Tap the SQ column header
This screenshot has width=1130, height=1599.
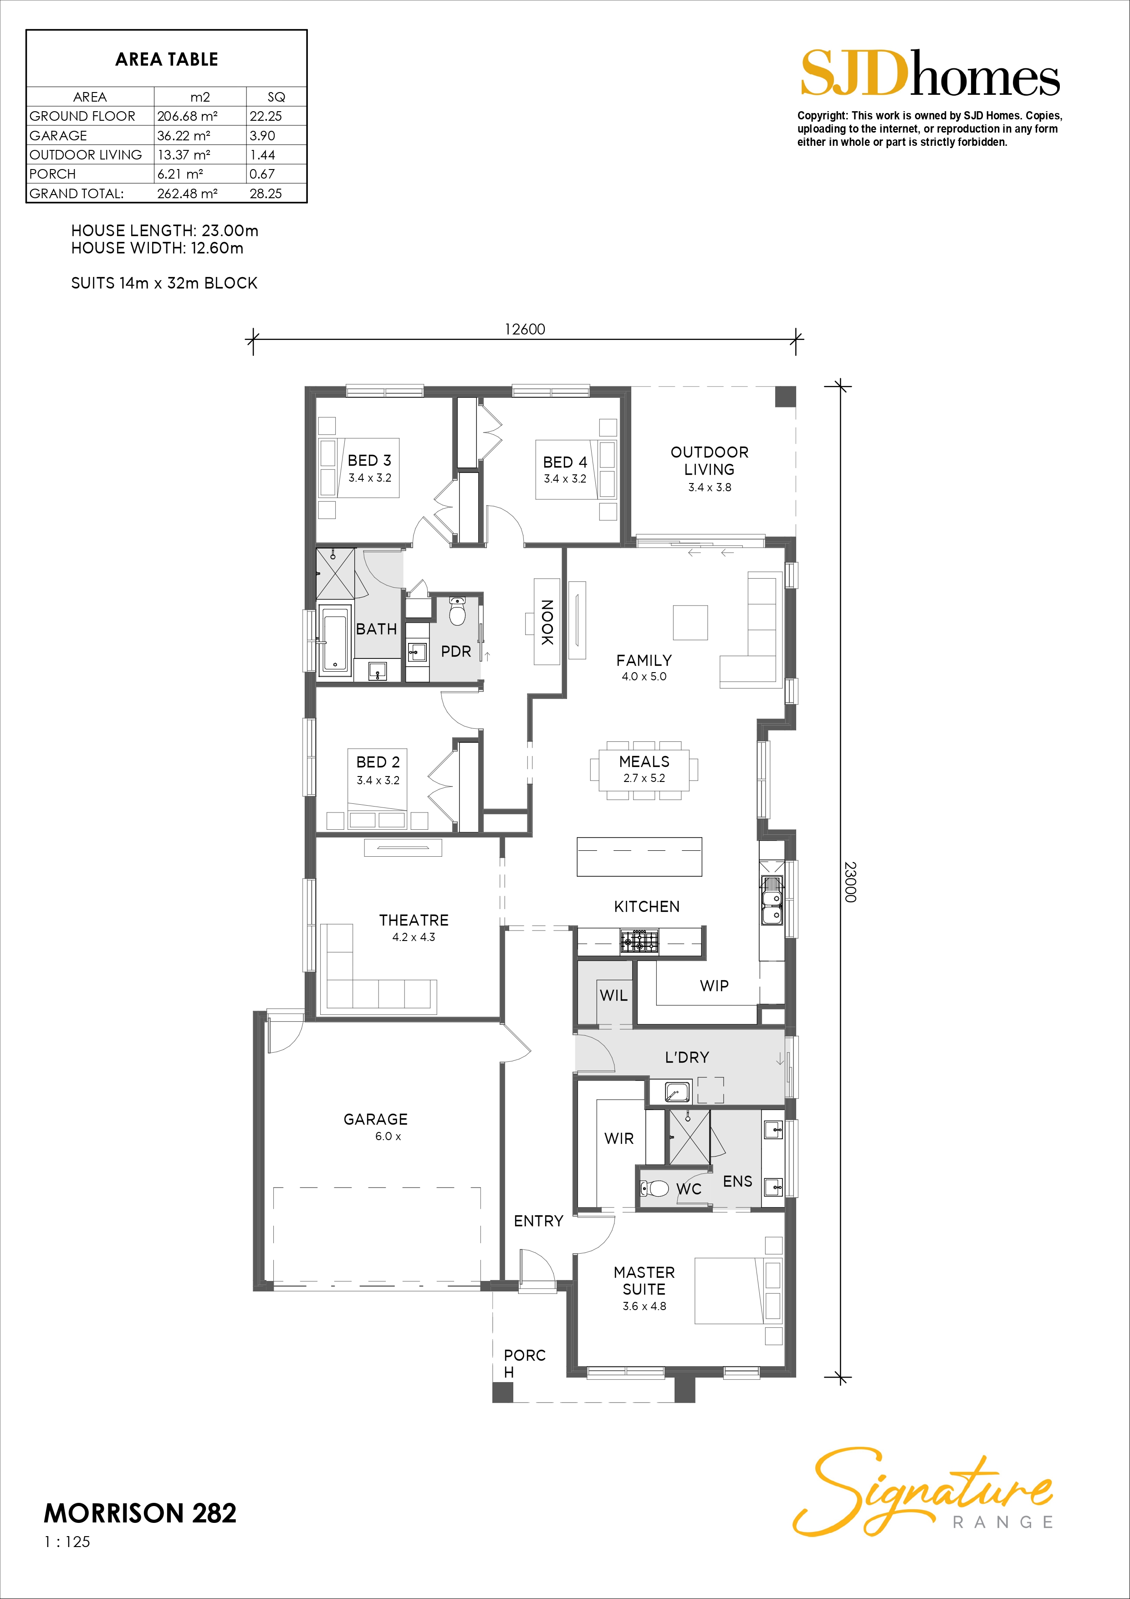click(276, 97)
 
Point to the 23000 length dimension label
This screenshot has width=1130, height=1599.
click(850, 882)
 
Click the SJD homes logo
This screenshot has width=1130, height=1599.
click(930, 73)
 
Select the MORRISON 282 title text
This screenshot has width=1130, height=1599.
click(140, 1513)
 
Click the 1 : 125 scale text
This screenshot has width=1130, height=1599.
click(67, 1542)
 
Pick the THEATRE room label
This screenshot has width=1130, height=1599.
click(414, 920)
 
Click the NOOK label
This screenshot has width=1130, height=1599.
click(547, 622)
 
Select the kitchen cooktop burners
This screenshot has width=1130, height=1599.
click(639, 941)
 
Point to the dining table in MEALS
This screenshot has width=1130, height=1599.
click(644, 770)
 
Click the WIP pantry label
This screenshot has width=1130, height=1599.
click(714, 986)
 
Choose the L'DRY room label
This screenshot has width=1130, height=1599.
click(687, 1057)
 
